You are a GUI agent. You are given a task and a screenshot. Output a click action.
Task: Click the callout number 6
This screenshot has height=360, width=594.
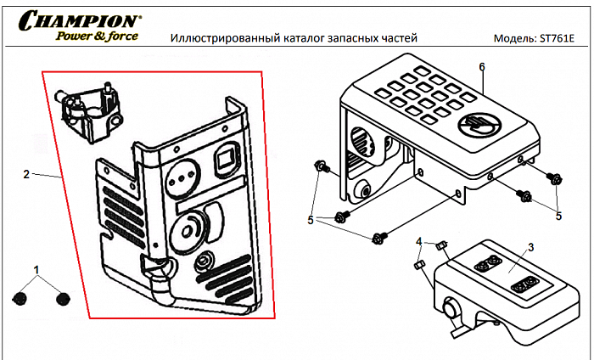pos(482,66)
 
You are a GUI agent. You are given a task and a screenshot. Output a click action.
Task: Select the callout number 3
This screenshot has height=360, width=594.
pos(530,247)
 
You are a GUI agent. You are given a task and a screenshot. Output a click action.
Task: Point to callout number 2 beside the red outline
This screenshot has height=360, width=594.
pos(26,174)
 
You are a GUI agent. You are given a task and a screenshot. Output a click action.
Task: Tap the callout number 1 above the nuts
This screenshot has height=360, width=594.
pos(37,269)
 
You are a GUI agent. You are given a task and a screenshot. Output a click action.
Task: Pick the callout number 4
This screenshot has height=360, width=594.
pos(419,242)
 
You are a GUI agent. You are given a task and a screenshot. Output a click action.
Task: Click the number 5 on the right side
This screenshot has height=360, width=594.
pos(558,216)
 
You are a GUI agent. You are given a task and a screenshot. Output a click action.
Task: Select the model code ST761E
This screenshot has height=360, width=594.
pos(559,40)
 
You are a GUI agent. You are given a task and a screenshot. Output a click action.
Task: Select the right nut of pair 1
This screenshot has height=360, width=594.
pos(61,298)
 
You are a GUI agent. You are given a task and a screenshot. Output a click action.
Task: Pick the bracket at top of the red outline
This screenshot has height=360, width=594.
pos(88,110)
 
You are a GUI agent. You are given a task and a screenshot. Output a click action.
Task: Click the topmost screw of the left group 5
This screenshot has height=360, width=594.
pos(320,166)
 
